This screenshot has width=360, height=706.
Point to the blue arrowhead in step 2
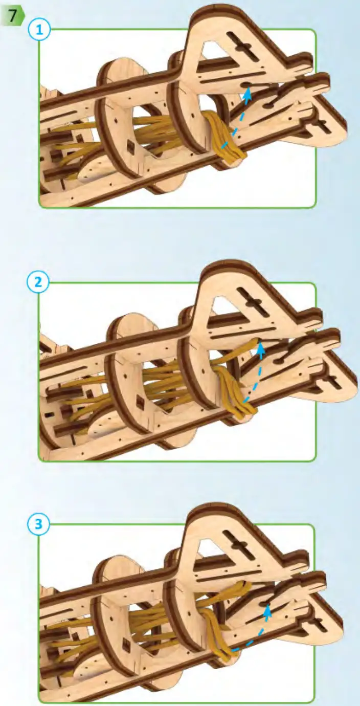click(x=260, y=349)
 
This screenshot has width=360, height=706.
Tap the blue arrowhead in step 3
click(x=266, y=609)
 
